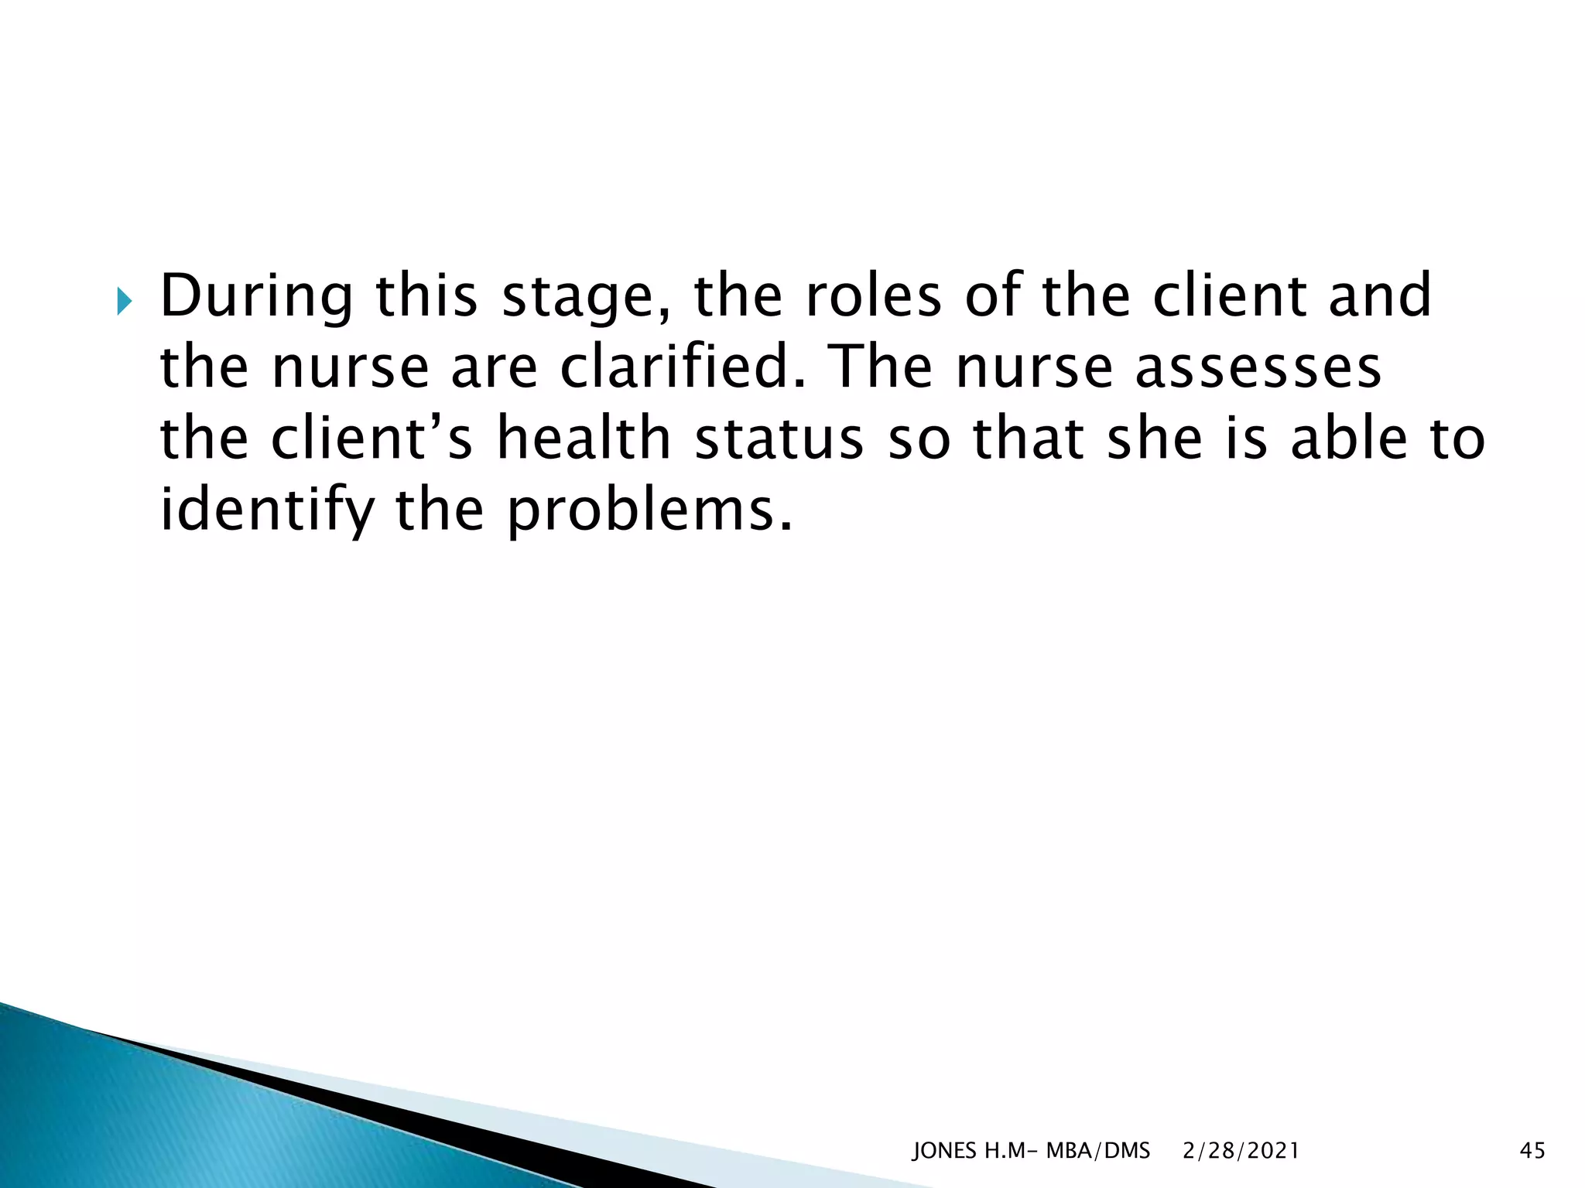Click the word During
[255, 297]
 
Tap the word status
[779, 439]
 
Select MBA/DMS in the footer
[1097, 1151]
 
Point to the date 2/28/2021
[1241, 1151]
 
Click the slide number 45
[1532, 1151]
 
